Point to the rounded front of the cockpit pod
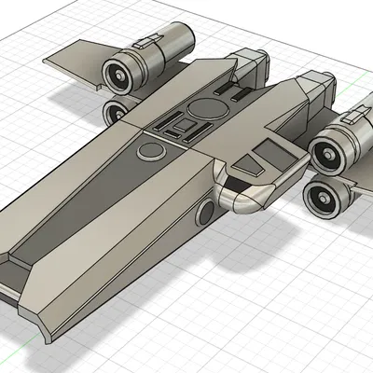pyautogui.click(x=244, y=200)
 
